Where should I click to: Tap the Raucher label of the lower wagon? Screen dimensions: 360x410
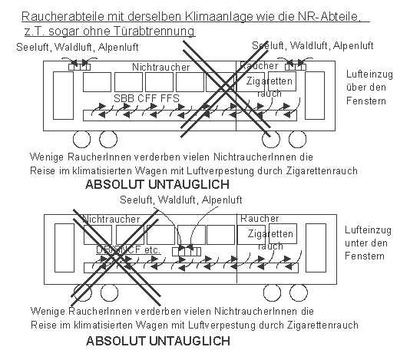point(259,219)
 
